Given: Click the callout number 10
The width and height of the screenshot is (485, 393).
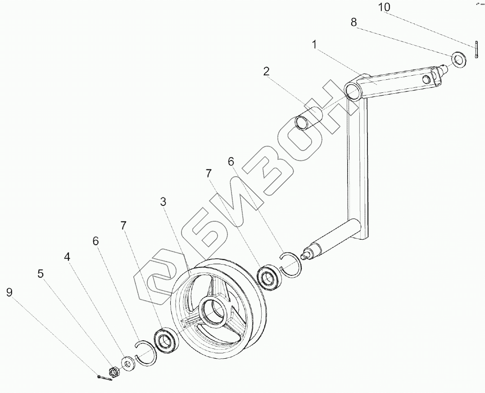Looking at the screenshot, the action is tap(384, 8).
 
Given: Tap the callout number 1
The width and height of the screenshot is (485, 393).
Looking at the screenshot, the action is tap(314, 44).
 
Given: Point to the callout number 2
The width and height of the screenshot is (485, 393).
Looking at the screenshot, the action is tap(267, 71).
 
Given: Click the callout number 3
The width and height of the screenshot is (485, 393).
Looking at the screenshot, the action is tap(163, 202).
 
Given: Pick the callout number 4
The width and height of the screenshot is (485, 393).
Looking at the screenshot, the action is tap(67, 257).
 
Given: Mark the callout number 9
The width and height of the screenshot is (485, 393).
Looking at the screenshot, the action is tap(9, 292).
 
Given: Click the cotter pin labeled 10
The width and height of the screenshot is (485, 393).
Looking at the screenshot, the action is tap(476, 50).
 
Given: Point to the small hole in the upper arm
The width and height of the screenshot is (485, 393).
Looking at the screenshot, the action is tap(425, 80).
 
